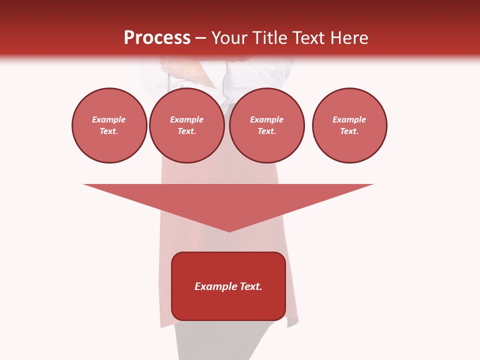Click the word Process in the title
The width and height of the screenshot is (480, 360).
(x=157, y=37)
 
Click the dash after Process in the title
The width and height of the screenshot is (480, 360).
(x=201, y=38)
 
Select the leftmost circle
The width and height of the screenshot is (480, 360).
(x=109, y=125)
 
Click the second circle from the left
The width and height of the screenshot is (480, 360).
(x=187, y=125)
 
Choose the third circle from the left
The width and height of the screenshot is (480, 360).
(x=267, y=125)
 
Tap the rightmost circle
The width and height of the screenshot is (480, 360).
(x=349, y=125)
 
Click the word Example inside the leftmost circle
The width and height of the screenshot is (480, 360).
(x=109, y=119)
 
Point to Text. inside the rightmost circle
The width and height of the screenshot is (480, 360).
(x=349, y=131)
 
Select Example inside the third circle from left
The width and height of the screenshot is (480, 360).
(x=267, y=119)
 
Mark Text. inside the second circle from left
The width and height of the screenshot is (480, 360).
(x=187, y=131)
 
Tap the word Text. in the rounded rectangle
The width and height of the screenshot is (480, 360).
(x=251, y=286)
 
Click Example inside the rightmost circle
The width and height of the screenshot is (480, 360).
(x=349, y=119)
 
